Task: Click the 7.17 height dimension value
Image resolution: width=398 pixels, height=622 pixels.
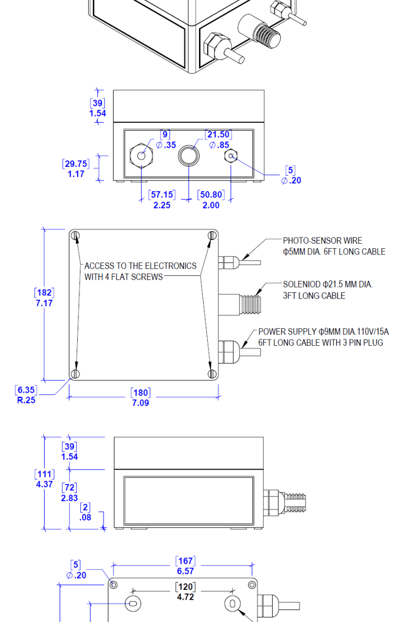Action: coord(44,303)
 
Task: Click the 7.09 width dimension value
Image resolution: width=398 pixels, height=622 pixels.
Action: coord(140,403)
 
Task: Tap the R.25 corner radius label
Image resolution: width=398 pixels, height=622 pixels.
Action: coord(26,400)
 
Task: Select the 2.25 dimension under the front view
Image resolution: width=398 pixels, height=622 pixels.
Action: coord(161,205)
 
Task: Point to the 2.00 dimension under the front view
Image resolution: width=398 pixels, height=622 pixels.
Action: coord(211,205)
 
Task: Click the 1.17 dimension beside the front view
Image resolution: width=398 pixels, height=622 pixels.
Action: coord(76,174)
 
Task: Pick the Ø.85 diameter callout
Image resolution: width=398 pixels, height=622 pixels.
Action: coord(219,145)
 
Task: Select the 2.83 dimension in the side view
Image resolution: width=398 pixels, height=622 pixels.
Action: coord(69,498)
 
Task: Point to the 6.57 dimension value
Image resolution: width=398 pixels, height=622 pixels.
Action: coord(185,571)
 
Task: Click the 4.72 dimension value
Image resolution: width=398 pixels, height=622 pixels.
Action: coord(185,597)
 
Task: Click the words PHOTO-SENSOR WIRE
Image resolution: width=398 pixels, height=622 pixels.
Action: coord(322,241)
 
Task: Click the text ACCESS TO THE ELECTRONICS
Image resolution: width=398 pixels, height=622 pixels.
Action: coord(140,266)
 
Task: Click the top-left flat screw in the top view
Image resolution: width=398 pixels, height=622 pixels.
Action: coord(76,236)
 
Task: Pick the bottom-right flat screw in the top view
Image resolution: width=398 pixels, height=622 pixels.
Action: coord(211,373)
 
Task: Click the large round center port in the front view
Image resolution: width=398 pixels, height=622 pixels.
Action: coord(188,155)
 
